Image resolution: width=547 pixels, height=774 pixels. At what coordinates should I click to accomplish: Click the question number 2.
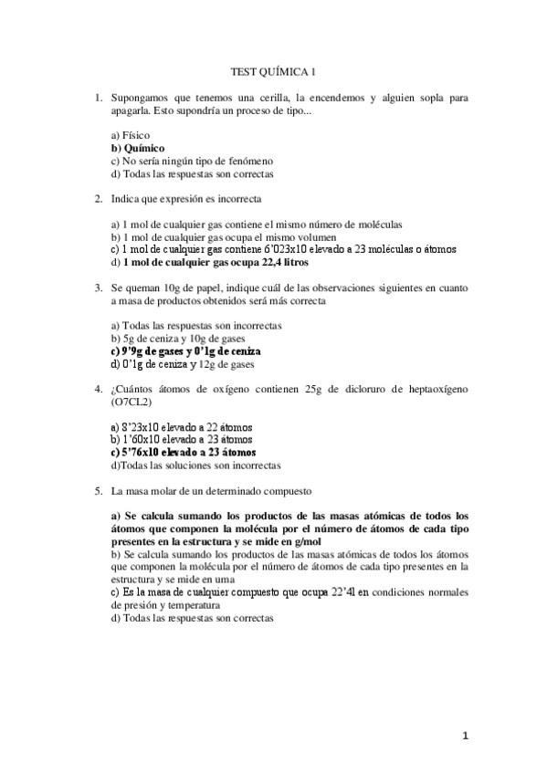coord(99,198)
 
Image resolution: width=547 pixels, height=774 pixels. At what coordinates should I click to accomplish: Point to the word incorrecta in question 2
coord(239,198)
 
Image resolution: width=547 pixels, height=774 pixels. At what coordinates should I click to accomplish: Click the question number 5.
coord(99,489)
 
